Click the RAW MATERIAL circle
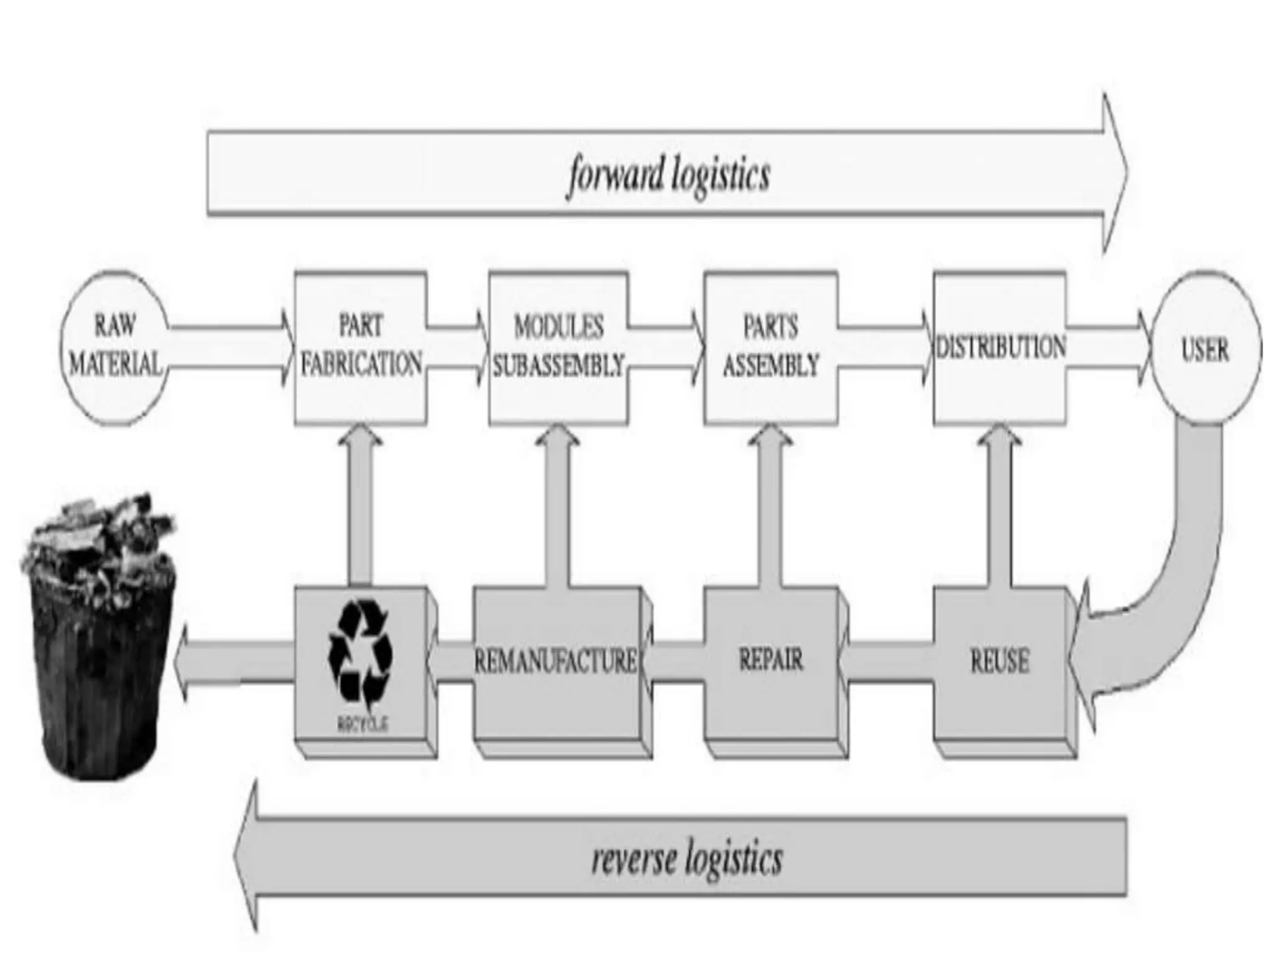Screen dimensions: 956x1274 point(115,348)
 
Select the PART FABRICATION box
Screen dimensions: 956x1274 point(361,348)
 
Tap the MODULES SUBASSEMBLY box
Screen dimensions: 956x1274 point(558,348)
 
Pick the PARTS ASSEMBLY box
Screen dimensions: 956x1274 point(770,348)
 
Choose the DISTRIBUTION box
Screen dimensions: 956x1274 point(1000,348)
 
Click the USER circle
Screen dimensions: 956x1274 point(1205,349)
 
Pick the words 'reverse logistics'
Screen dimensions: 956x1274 point(686,860)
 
